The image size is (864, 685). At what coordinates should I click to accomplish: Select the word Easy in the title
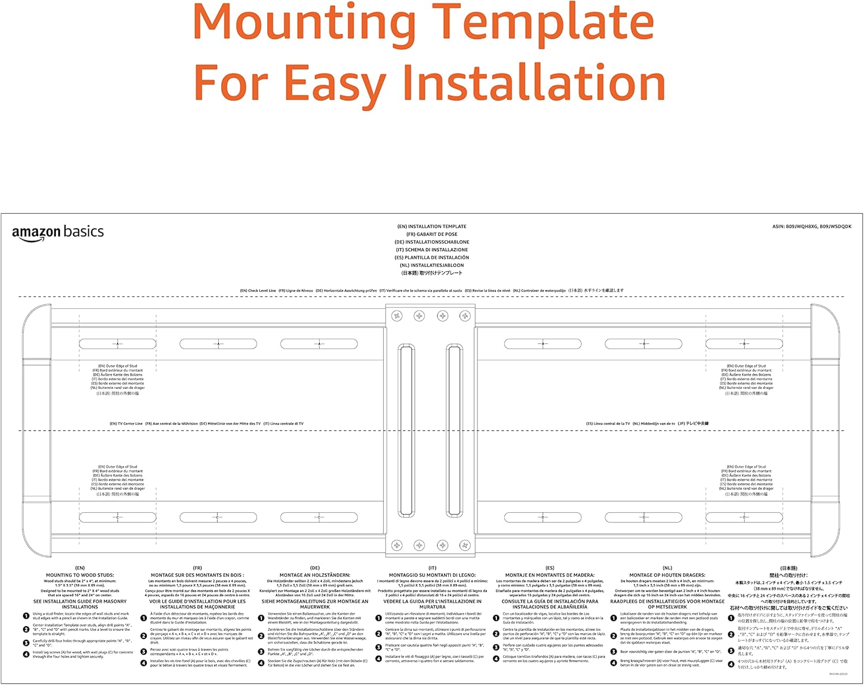[x=335, y=84]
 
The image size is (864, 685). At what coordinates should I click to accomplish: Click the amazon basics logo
[x=58, y=233]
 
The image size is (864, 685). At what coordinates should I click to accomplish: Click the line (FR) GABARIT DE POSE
[x=432, y=234]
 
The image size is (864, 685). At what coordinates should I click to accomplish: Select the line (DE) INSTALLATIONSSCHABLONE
[x=432, y=242]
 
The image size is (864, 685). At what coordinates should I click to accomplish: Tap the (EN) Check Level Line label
[x=258, y=291]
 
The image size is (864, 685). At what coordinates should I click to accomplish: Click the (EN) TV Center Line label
[x=126, y=423]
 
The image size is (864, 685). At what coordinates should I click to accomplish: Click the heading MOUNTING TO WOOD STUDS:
[x=80, y=575]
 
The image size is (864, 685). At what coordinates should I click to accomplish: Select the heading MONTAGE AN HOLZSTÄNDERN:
[x=315, y=575]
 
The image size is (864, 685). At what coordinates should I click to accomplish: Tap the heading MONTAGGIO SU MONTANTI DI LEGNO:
[x=433, y=575]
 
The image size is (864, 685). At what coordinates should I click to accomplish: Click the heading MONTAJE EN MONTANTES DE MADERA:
[x=550, y=575]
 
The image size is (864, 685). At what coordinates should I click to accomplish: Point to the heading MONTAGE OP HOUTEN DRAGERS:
[x=668, y=575]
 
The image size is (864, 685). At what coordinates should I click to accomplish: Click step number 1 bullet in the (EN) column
[x=26, y=616]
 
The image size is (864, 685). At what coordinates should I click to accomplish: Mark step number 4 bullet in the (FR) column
[x=143, y=663]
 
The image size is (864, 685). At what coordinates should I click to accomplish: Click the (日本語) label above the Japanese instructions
[x=789, y=568]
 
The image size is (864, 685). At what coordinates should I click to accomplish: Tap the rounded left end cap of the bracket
[x=36, y=430]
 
